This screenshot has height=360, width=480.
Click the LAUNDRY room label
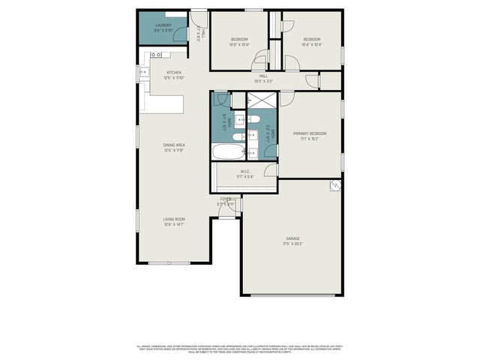(x=163, y=25)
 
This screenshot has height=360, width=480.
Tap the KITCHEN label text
(x=174, y=73)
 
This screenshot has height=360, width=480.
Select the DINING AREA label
(x=174, y=145)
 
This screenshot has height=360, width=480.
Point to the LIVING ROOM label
(x=174, y=219)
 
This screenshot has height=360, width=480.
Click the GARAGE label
(x=292, y=238)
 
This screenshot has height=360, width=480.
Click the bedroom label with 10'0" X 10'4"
(x=239, y=39)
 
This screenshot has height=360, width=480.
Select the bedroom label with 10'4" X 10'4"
(x=312, y=39)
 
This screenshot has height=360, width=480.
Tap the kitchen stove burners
(x=157, y=55)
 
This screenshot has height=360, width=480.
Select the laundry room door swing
(x=197, y=19)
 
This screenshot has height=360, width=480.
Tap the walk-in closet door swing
(x=271, y=169)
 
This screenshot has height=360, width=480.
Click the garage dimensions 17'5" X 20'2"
(x=292, y=244)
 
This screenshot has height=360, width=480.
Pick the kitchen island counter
(x=166, y=104)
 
